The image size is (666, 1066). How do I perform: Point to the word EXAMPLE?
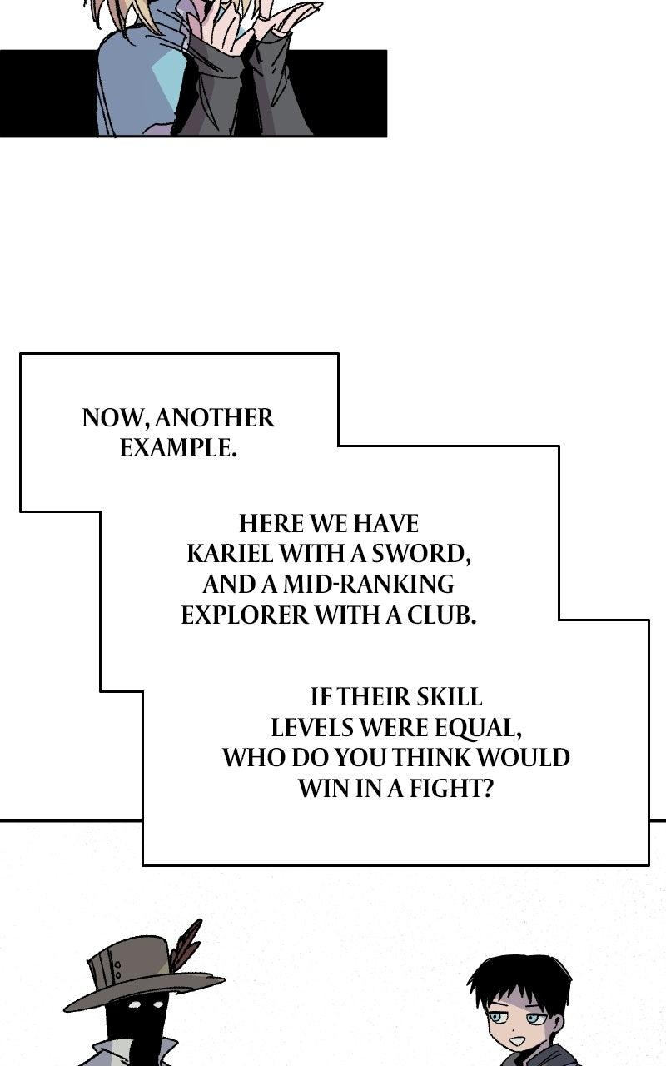(x=178, y=448)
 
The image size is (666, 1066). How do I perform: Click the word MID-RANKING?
(x=369, y=585)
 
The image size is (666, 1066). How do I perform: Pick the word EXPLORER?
(x=245, y=615)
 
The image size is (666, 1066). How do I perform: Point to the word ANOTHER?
(x=215, y=418)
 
